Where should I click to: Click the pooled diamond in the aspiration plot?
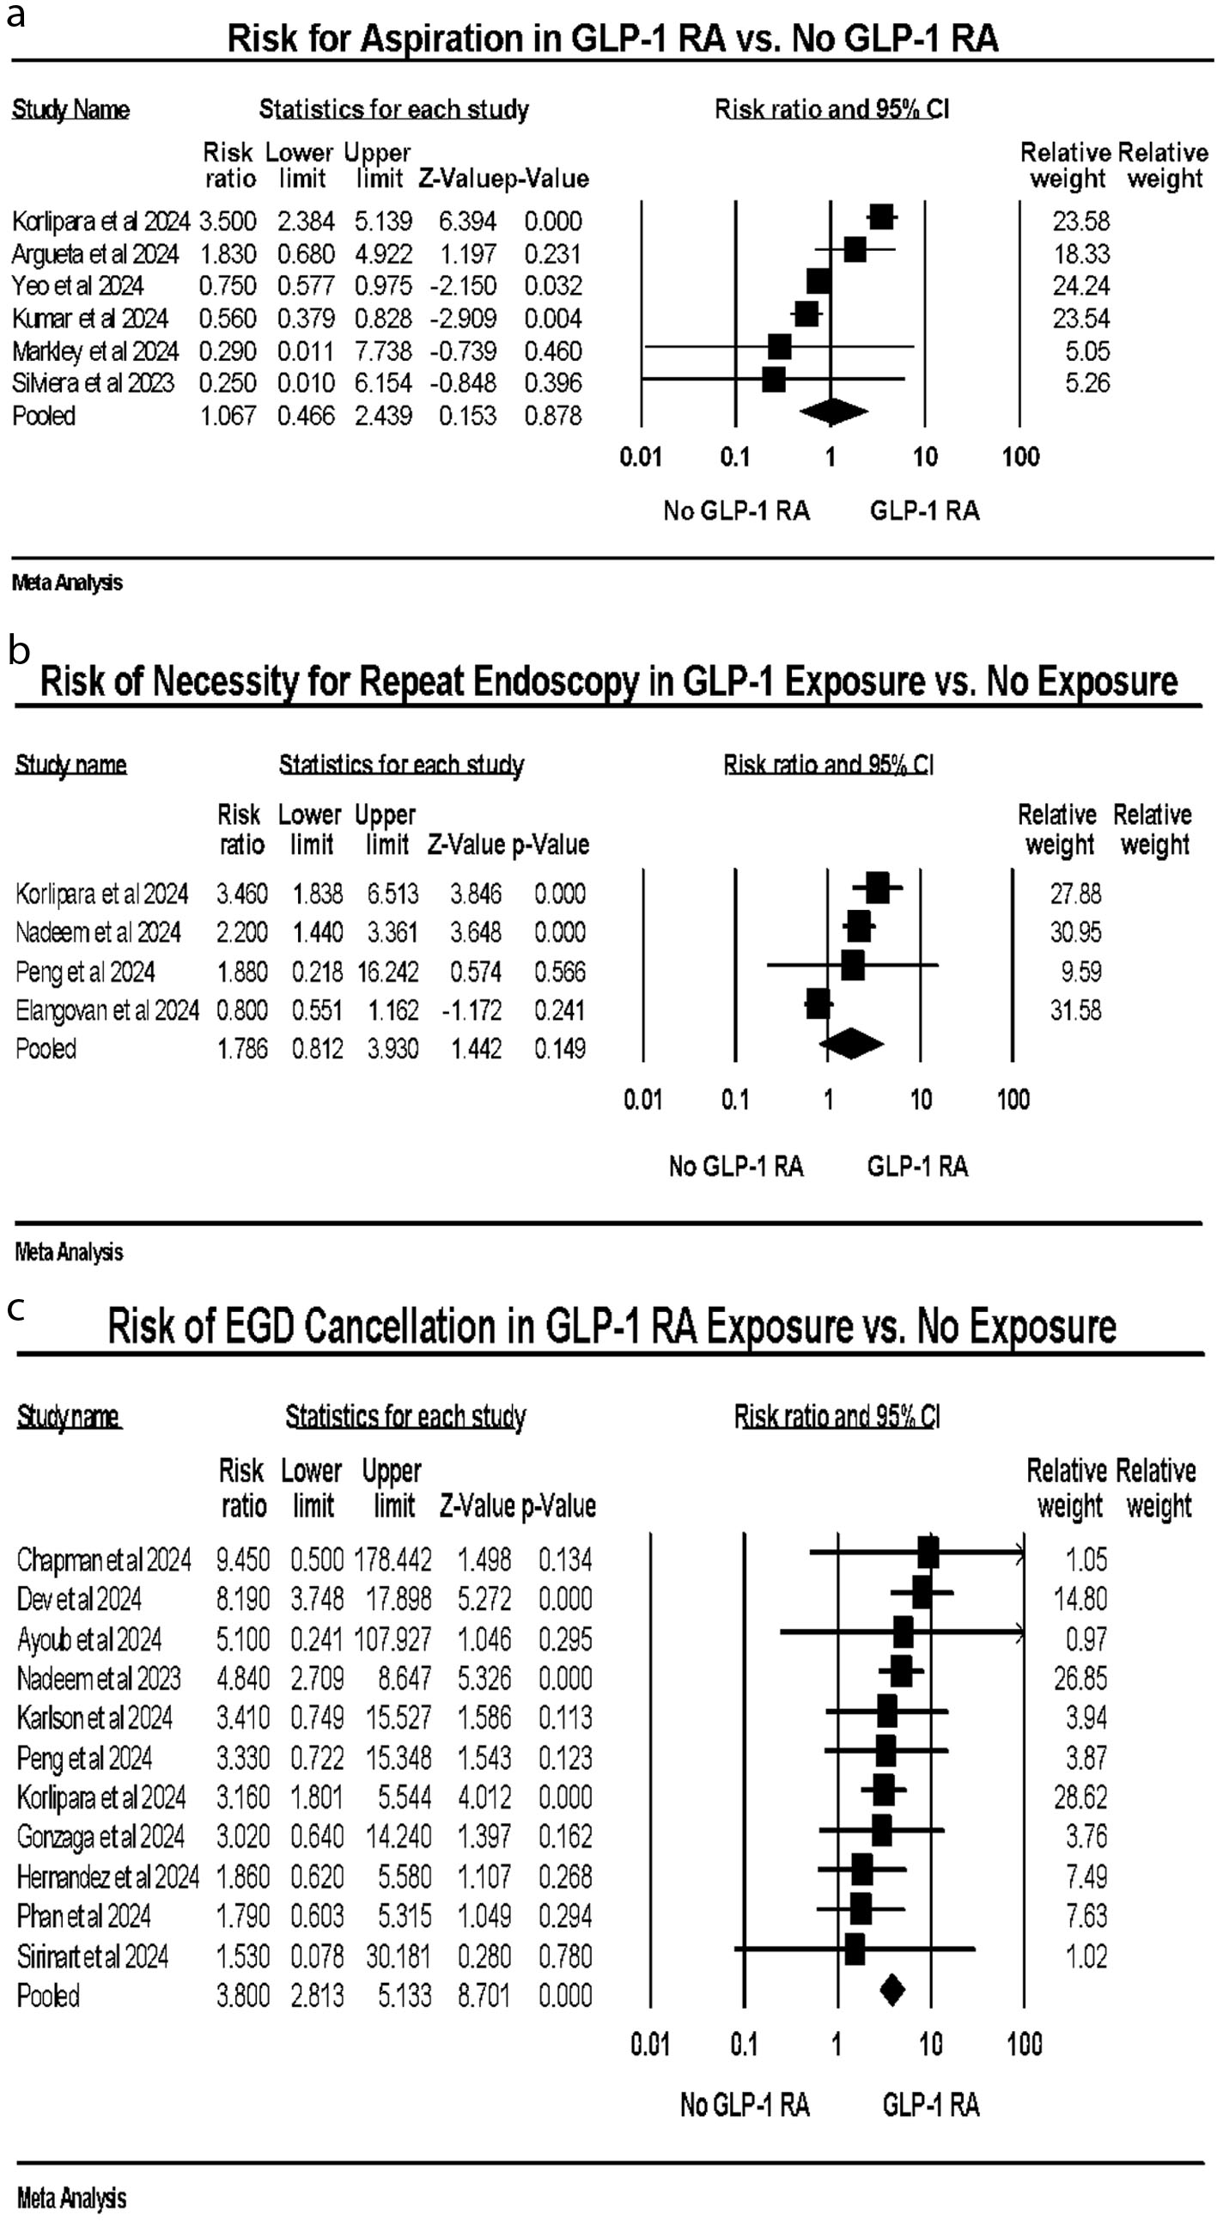tap(832, 413)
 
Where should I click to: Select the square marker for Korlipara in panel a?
tap(881, 217)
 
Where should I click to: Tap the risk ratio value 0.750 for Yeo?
tap(228, 286)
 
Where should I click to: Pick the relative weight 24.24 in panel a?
tap(1080, 286)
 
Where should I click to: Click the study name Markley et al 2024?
tap(94, 351)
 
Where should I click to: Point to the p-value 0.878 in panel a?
tap(552, 417)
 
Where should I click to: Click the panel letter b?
tap(18, 652)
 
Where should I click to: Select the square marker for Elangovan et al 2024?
tap(817, 1004)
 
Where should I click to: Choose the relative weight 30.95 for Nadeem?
tap(1074, 933)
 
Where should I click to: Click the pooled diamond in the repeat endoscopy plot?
tap(850, 1044)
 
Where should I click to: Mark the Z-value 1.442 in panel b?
tap(476, 1049)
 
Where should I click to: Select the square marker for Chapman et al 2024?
tap(928, 1553)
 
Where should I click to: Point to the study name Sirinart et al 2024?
tap(92, 1957)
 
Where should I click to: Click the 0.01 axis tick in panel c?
tap(650, 2044)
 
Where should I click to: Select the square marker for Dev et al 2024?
tap(922, 1592)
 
